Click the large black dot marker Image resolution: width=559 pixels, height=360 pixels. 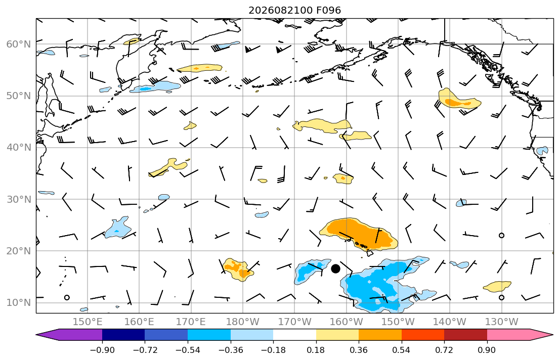(x=335, y=269)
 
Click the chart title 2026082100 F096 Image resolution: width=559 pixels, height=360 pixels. (x=294, y=10)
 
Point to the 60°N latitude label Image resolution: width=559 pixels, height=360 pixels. (x=19, y=44)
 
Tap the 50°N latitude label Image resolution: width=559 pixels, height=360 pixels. (x=19, y=96)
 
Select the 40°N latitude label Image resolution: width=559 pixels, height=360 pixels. (x=19, y=148)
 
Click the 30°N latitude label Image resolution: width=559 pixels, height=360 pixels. (x=19, y=199)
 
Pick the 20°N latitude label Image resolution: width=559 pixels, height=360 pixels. (x=19, y=251)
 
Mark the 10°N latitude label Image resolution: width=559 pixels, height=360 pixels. (x=19, y=303)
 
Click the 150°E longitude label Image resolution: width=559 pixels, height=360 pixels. (x=88, y=322)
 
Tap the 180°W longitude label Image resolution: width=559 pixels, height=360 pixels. (x=243, y=322)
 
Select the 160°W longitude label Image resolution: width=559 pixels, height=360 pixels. (x=347, y=322)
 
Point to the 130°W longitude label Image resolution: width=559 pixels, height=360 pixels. (x=502, y=322)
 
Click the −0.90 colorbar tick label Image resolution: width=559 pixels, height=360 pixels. (x=102, y=350)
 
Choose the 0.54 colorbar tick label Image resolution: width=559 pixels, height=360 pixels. (x=402, y=350)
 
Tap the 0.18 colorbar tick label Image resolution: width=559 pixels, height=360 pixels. (x=316, y=350)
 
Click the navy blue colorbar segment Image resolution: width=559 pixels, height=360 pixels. (x=123, y=335)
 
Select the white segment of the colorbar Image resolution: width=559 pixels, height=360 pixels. (x=294, y=335)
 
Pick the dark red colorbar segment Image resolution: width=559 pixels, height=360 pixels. (x=465, y=335)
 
